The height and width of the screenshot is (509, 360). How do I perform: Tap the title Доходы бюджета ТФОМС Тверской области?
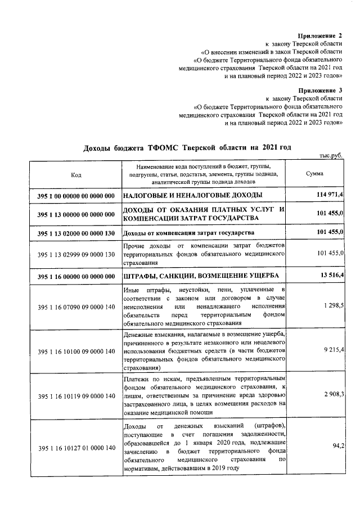click(x=187, y=147)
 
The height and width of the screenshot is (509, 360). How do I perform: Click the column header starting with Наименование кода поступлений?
click(x=203, y=174)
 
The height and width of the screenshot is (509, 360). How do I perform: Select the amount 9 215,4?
click(x=334, y=349)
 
